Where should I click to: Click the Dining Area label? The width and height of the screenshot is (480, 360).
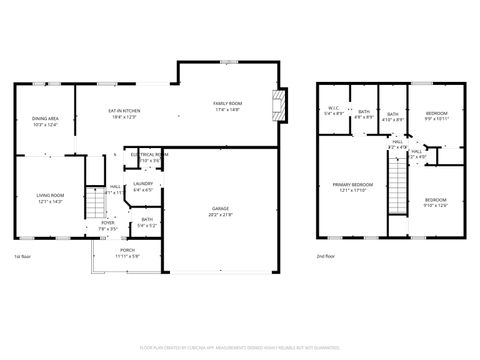[46, 118]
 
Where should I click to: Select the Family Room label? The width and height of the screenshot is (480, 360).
[227, 104]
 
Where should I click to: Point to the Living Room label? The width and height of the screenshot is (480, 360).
[50, 195]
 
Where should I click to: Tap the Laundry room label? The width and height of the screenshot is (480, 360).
[143, 183]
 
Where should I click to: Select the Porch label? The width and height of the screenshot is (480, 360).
[128, 250]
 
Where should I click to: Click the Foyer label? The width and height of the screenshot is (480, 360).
[107, 222]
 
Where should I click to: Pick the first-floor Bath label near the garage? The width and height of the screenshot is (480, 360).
[146, 219]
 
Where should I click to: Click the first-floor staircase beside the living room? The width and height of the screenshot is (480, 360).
[94, 205]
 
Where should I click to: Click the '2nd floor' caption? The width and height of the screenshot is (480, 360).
[325, 257]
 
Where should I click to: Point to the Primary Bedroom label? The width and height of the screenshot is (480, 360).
[353, 185]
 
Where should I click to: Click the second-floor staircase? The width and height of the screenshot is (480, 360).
[398, 185]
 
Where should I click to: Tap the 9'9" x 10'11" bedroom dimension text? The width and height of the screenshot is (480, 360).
[436, 119]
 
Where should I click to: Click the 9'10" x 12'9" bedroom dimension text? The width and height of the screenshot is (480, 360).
[436, 205]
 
